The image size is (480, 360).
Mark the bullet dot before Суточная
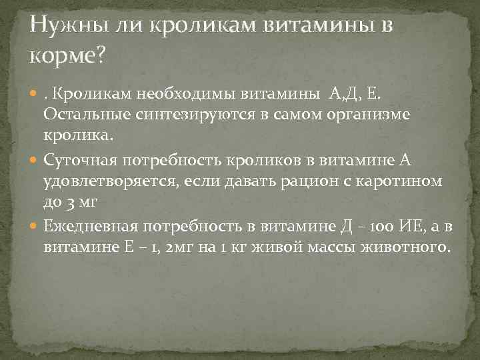35,160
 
